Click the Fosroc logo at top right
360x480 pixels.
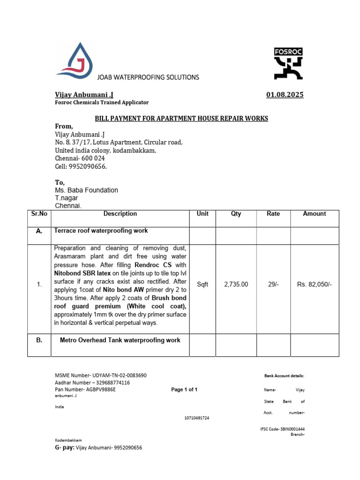click(288, 63)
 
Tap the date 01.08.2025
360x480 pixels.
click(285, 95)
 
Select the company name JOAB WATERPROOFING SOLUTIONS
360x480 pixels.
click(148, 77)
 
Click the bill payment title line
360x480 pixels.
click(181, 118)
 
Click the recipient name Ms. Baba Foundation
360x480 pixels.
click(87, 190)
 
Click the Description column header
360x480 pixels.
click(120, 214)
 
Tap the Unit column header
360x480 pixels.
click(202, 214)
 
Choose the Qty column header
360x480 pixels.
click(236, 214)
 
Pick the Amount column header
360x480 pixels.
click(314, 214)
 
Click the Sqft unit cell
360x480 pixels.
click(202, 285)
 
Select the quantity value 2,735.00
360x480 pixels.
click(236, 285)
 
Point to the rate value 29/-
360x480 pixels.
click(273, 285)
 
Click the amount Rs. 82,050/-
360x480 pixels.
click(315, 285)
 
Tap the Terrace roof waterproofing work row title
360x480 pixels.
click(101, 231)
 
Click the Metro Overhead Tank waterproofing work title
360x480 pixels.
click(120, 340)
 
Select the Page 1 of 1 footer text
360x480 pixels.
click(184, 390)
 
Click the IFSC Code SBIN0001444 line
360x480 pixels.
click(282, 429)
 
